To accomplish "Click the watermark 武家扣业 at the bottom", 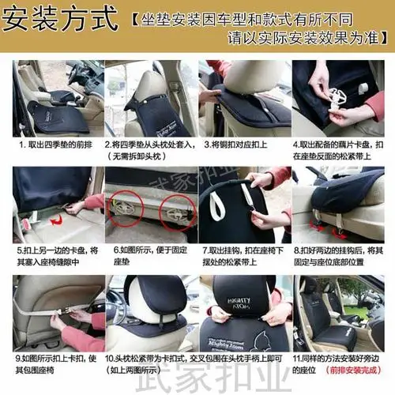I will click(197, 384).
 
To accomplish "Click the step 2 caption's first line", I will click(149, 145).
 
